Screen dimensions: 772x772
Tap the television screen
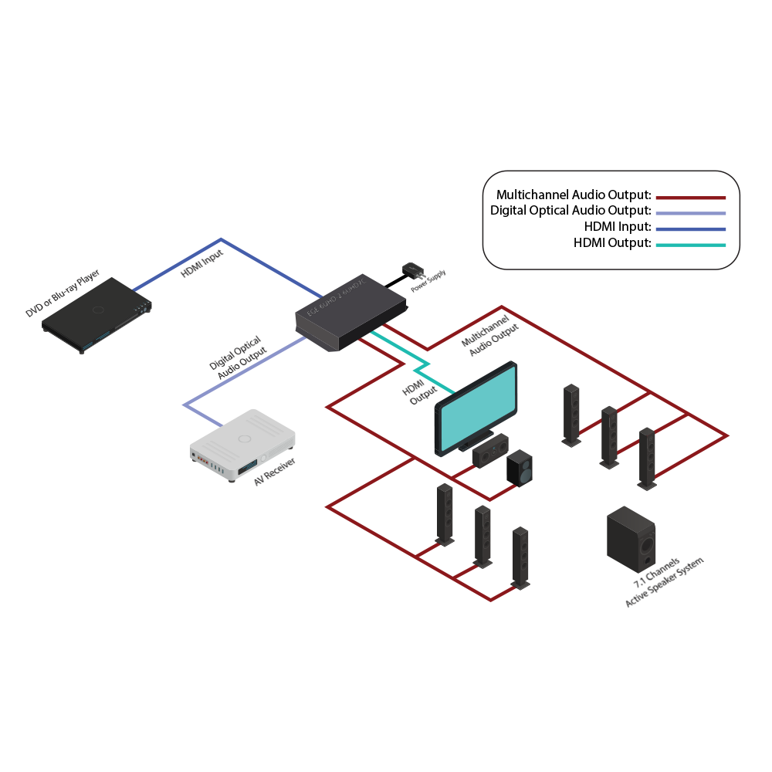click(x=477, y=408)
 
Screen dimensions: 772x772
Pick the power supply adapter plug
click(x=412, y=272)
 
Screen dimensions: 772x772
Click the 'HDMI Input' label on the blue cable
click(x=202, y=263)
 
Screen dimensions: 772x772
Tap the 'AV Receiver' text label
click(x=276, y=469)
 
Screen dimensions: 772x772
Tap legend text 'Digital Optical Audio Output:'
click(x=571, y=211)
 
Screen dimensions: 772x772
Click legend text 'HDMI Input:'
click(x=618, y=227)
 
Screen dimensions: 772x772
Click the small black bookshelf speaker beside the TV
click(x=519, y=469)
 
